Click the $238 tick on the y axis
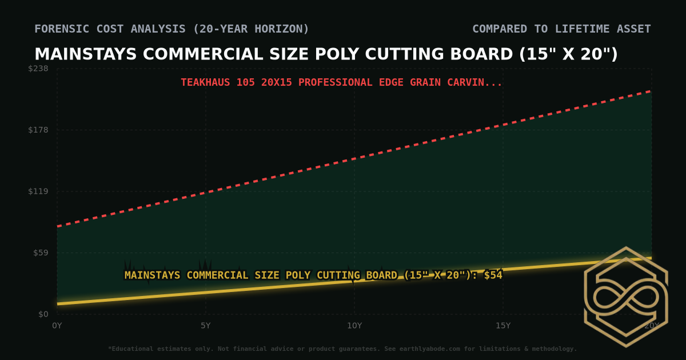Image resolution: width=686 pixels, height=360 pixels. click(39, 69)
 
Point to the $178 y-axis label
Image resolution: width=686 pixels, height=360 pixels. click(39, 130)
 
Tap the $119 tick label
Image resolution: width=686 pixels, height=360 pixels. click(39, 191)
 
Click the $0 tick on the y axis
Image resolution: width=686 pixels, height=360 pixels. click(43, 314)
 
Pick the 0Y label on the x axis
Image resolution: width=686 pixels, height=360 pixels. click(57, 326)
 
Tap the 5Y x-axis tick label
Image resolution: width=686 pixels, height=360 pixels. click(205, 326)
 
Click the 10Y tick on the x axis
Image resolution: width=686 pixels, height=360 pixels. click(354, 326)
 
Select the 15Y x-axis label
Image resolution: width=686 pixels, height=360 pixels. click(502, 326)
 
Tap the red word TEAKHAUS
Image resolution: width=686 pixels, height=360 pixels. click(205, 82)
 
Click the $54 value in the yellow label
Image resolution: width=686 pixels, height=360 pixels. click(493, 275)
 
